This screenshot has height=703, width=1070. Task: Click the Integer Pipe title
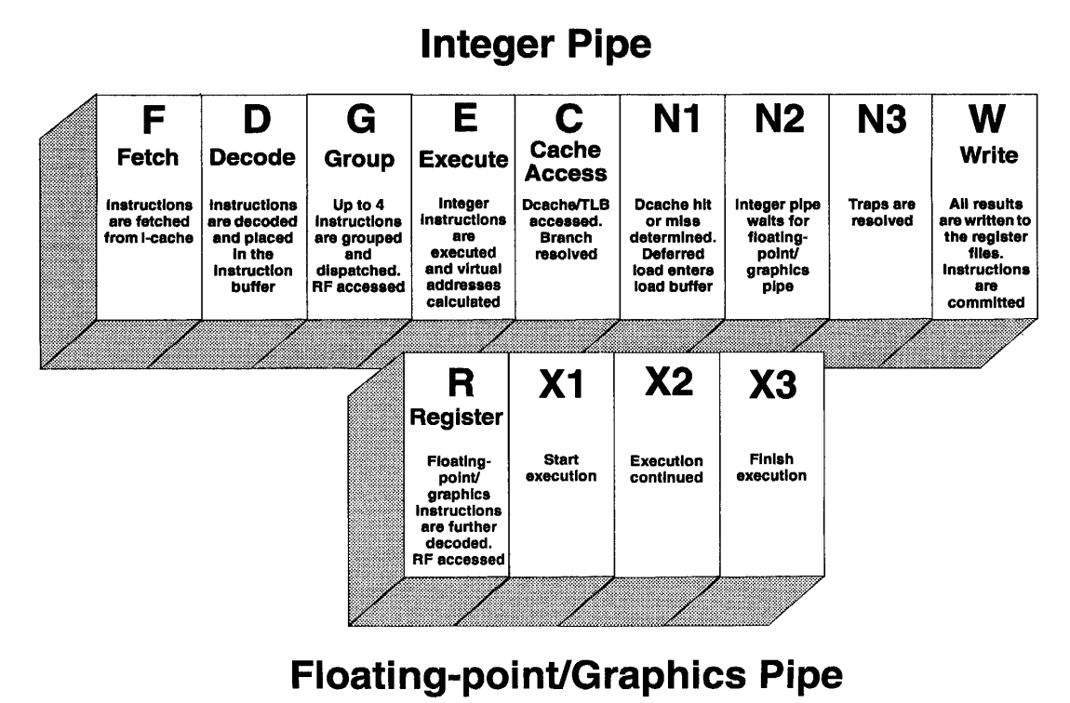536,45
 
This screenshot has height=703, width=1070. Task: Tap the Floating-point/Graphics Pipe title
567,674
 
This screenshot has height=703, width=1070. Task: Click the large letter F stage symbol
154,120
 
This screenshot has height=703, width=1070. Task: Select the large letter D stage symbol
257,119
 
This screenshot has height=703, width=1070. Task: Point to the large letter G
360,119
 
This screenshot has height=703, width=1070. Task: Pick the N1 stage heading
676,119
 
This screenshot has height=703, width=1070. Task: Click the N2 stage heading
780,119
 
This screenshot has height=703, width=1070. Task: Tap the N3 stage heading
882,119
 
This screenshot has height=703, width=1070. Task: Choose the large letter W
987,119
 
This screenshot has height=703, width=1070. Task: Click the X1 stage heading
561,385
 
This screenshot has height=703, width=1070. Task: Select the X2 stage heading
669,381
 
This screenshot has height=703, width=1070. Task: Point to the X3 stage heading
772,385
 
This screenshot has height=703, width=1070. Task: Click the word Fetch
147,157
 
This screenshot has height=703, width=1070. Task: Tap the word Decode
252,157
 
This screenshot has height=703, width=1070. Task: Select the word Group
359,160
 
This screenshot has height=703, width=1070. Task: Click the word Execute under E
463,160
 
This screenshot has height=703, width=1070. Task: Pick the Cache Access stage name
566,162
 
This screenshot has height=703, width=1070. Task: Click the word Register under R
456,418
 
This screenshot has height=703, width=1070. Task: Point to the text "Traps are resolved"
882,213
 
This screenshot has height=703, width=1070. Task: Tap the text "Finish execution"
771,468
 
